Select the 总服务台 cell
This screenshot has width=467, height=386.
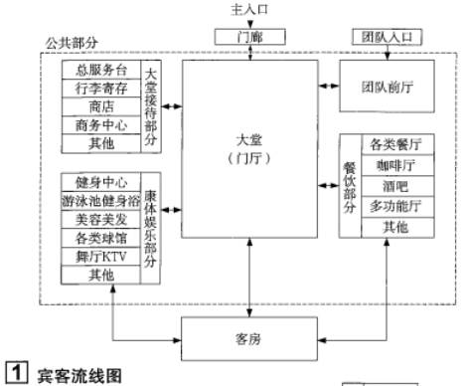(100, 72)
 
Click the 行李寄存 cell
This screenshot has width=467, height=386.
(100, 90)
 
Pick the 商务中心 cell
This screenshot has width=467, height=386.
(100, 125)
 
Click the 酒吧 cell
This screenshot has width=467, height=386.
(395, 185)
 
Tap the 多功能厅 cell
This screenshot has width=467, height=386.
(395, 206)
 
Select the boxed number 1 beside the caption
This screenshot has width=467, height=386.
(14, 376)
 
